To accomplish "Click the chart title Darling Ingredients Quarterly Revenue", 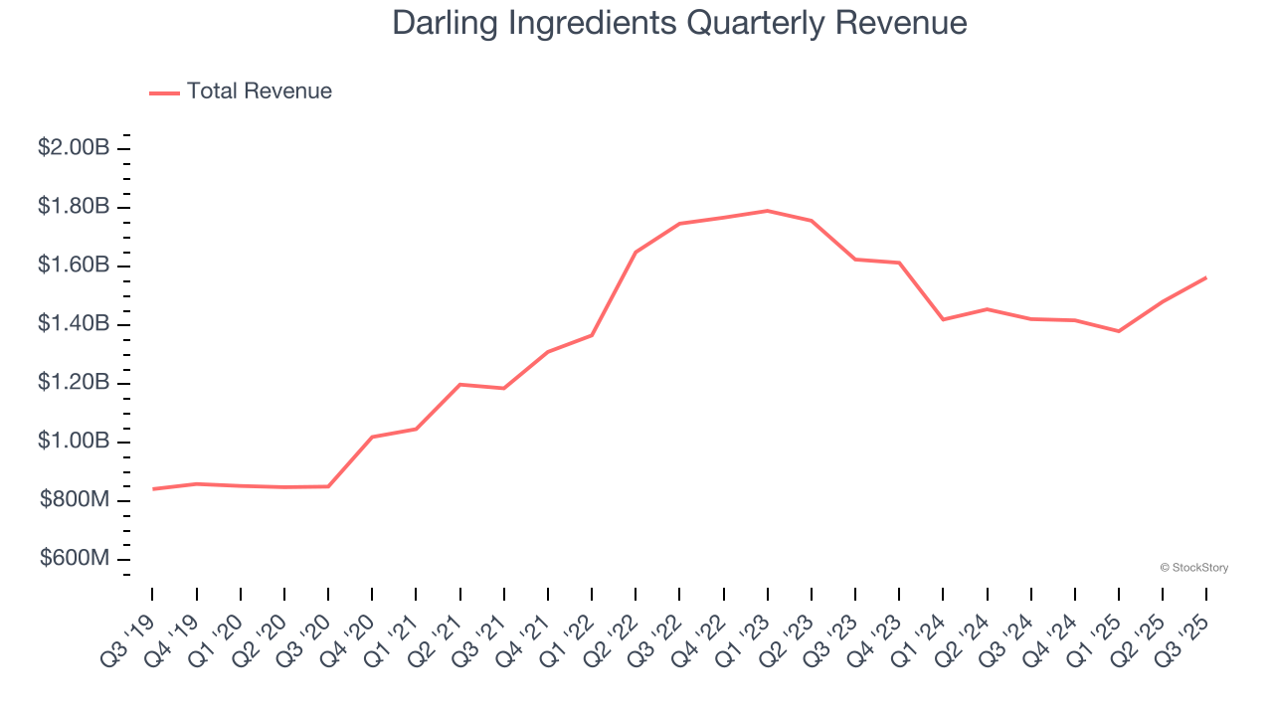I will click(679, 22).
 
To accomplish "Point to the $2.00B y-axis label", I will click(74, 148).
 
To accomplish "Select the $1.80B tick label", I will click(74, 207).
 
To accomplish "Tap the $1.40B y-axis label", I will click(74, 324).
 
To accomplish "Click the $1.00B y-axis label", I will click(74, 442).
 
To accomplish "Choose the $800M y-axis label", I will click(75, 500).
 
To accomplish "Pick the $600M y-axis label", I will click(75, 559).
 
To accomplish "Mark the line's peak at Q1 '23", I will click(768, 211).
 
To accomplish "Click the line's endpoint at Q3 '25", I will click(1206, 277).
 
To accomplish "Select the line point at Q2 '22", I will click(636, 253).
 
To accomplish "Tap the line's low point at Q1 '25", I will click(1119, 331).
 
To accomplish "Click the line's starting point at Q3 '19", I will click(153, 489).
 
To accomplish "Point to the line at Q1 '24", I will click(943, 319).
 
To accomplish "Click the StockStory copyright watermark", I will click(1193, 568).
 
